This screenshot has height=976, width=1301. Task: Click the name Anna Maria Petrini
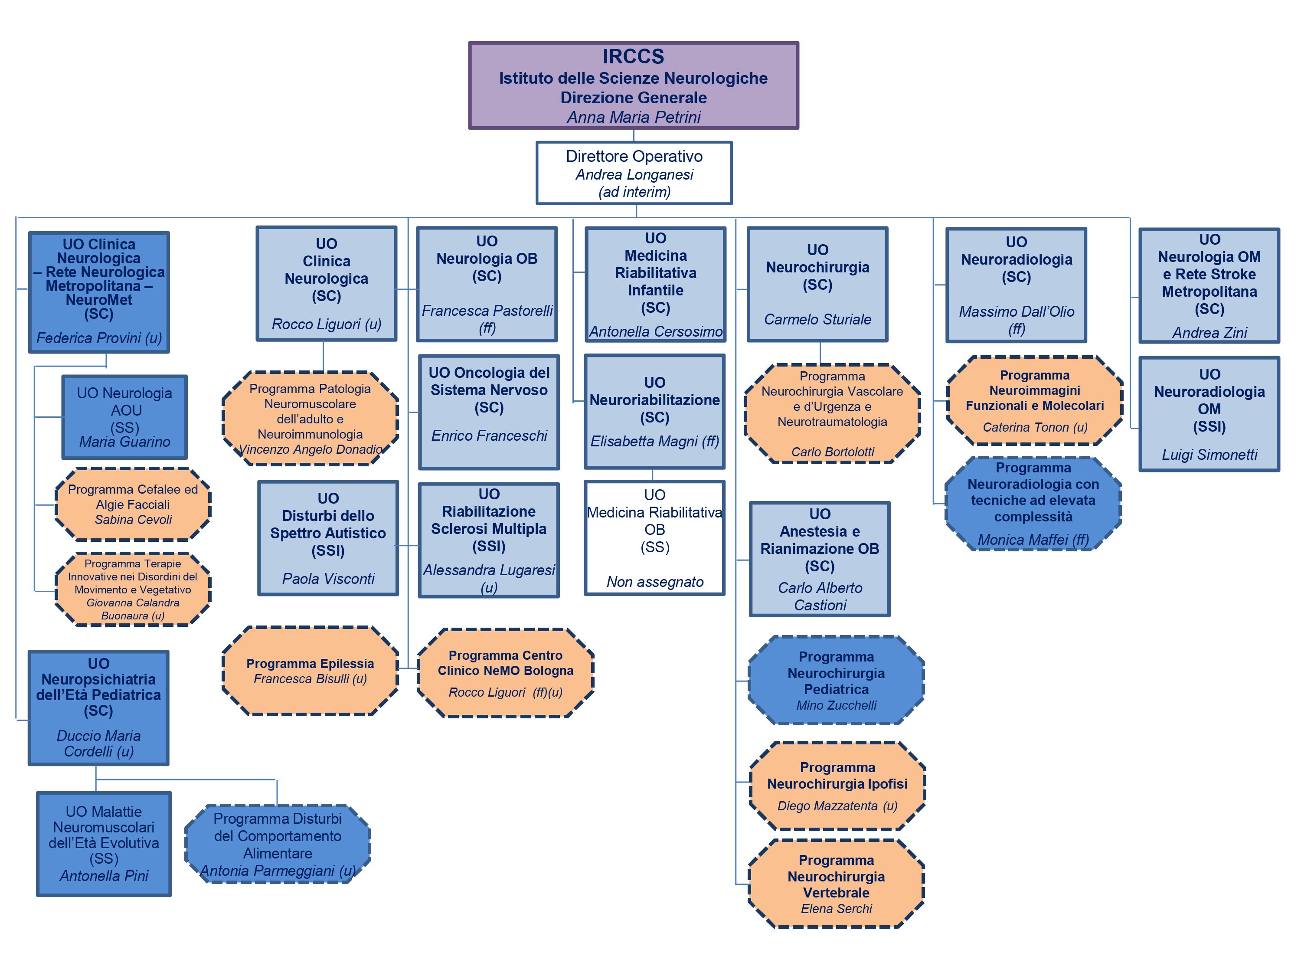634,117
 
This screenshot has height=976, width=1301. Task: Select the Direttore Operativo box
634,173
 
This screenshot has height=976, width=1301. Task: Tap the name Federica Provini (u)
99,337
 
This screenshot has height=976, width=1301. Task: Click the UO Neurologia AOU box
125,417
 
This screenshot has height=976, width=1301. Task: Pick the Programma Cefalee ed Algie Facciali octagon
133,504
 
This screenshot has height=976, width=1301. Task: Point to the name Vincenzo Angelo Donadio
310,449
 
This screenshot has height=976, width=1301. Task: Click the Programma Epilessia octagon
310,671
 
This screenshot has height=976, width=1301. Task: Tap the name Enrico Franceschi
489,436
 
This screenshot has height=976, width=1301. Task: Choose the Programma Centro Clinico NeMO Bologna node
505,673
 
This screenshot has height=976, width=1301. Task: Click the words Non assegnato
654,582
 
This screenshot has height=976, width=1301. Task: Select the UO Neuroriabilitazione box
654,411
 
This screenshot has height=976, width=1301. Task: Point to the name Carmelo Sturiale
817,319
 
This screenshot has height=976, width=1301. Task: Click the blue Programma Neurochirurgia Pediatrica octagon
836,680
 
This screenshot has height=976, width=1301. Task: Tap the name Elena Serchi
836,908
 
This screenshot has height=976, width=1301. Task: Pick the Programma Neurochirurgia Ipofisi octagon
837,786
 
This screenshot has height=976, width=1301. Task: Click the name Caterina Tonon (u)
1035,427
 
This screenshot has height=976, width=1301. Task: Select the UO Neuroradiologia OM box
1209,413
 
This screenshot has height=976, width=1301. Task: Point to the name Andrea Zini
1209,333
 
